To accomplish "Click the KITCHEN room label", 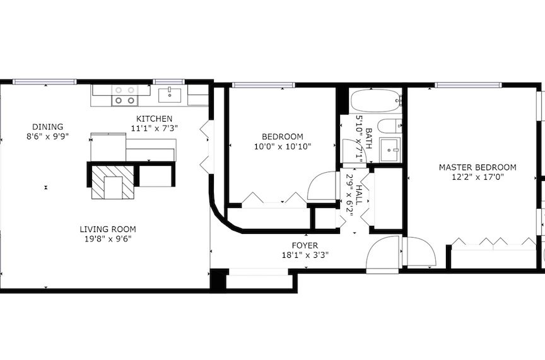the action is point(154,119).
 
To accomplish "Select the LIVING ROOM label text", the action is point(108,229).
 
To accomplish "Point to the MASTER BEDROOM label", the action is point(478,168).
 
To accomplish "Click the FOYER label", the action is point(305,246).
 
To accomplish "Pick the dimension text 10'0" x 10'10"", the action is point(283,147).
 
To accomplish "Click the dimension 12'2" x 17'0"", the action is point(478,177).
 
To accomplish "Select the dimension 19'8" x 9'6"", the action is point(108,239).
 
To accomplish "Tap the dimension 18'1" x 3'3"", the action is point(305,255).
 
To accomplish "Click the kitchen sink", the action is point(170,96).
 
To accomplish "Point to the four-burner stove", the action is point(125,95).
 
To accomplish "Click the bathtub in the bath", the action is point(376,100).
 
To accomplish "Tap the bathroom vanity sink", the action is point(390,150).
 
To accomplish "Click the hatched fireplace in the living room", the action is point(113,182).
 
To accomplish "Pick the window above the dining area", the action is point(45,82).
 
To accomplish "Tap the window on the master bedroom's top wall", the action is point(468,84).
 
